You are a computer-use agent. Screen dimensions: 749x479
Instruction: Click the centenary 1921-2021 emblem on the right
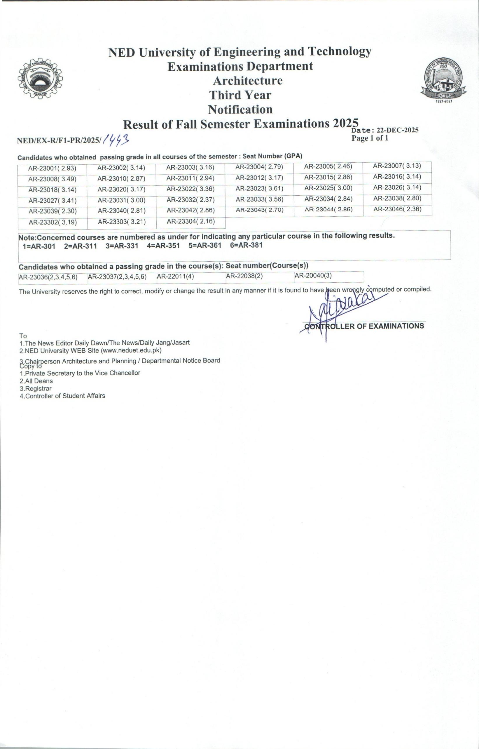443,79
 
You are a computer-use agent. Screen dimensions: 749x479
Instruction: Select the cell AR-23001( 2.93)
52,169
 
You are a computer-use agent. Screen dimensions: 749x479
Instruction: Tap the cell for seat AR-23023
259,189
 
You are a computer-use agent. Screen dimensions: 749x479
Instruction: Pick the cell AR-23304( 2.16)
191,222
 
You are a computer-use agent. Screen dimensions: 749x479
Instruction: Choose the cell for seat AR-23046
397,209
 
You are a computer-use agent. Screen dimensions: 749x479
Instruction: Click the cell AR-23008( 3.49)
52,179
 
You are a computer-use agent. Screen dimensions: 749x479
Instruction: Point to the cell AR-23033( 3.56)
259,199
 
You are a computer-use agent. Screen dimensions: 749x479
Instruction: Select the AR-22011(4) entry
175,277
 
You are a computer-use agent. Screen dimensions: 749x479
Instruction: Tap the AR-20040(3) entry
313,275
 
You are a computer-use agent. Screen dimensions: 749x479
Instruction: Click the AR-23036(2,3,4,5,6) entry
48,277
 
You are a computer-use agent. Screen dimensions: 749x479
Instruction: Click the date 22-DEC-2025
397,130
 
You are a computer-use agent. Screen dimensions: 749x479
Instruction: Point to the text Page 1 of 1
370,138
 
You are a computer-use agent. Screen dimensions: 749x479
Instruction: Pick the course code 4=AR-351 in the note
163,246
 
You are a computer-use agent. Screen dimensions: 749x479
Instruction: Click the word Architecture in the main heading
248,81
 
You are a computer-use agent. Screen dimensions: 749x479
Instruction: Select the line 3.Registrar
36,388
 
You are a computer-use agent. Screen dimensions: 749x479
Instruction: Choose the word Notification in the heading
240,110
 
